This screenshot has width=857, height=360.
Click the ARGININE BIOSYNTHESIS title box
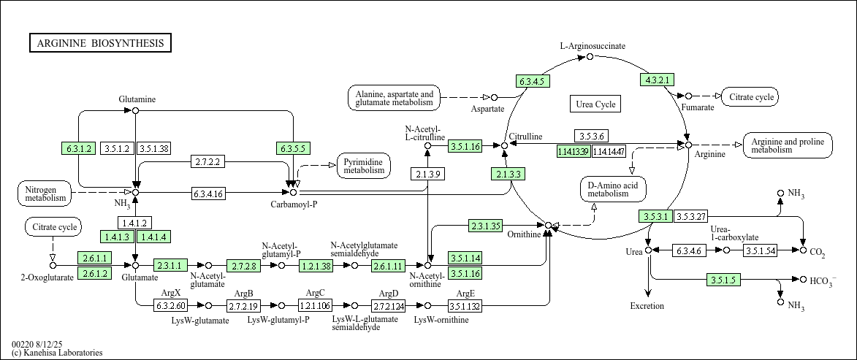coord(101,43)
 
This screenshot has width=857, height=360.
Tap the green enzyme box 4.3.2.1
coord(657,80)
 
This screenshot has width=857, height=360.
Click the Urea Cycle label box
coord(595,104)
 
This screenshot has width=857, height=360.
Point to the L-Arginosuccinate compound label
coord(593,46)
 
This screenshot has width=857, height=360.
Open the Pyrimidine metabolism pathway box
coord(364,166)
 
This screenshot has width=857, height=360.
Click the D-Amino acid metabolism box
coord(613,188)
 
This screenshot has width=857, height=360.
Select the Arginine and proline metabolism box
coord(787,145)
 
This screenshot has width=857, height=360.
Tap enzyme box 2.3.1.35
coord(485,226)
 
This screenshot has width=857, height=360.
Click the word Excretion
coord(647,306)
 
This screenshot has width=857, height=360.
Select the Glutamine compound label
coord(137,99)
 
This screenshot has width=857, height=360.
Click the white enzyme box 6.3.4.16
coord(208,194)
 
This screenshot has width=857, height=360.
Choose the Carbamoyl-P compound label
coord(294,204)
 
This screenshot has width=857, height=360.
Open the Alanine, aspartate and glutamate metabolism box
coord(394,99)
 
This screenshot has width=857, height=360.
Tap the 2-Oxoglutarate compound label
coord(47,277)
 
